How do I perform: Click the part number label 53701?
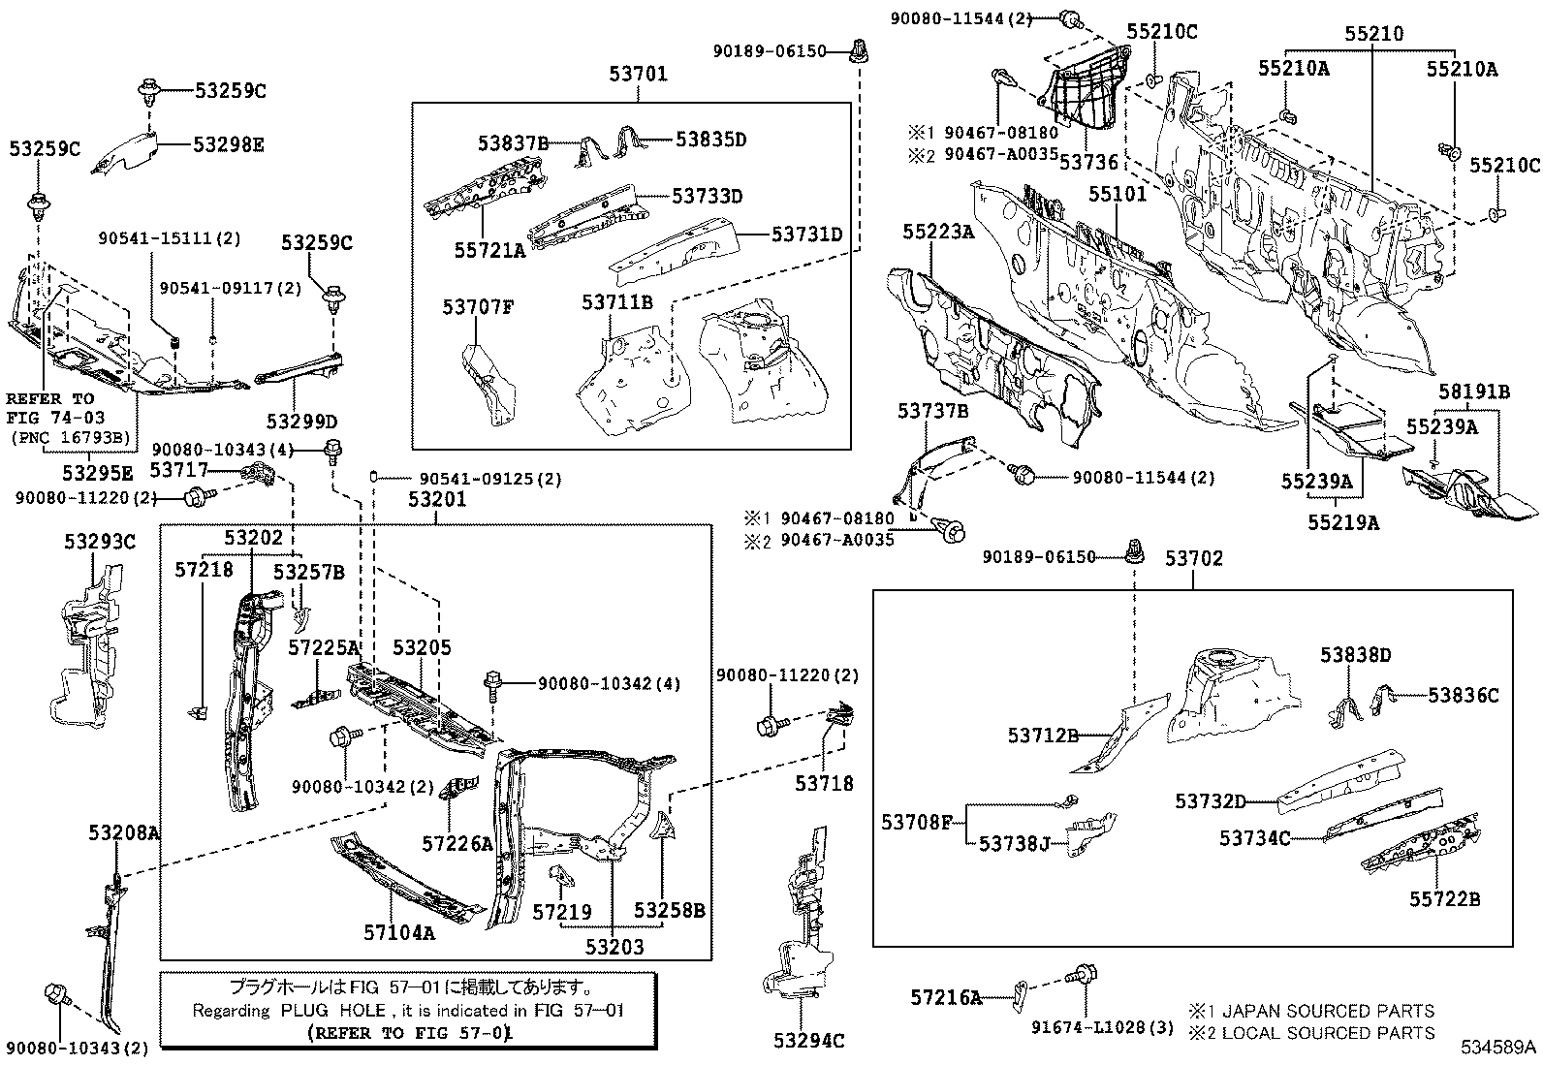pos(638,74)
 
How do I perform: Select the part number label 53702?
pos(1194,558)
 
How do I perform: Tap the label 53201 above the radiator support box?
pos(437,499)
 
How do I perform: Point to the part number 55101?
pos(1118,194)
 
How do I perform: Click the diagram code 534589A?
pos(1498,1048)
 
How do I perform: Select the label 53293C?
pos(100,542)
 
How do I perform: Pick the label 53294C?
pos(808,1040)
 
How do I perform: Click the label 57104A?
pos(399,933)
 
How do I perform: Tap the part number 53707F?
pos(478,306)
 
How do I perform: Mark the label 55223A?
pos(938,233)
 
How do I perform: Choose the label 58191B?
pos(1474,392)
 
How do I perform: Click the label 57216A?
pos(947,997)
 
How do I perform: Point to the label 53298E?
pos(228,144)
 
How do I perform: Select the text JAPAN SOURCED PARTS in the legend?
pos(1328,1012)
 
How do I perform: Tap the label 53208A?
pos(124,832)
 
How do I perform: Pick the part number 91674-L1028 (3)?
pos(1102,1028)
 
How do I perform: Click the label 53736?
pos(1088,163)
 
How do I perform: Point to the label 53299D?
pos(301,421)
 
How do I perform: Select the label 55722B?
pos(1444,899)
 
